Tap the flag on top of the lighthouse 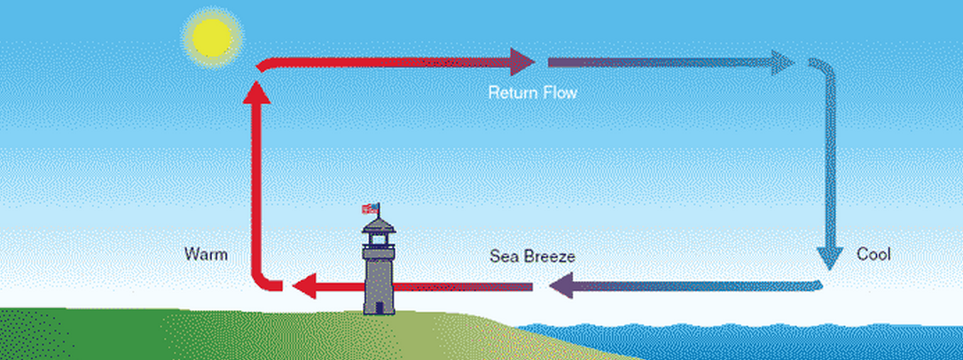[370, 209]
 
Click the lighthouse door [379, 304]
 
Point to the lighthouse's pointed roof [379, 223]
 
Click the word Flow [560, 91]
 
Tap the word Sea [504, 256]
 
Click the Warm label [206, 254]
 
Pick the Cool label [873, 254]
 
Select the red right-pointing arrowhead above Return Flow [523, 62]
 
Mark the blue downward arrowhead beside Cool [829, 257]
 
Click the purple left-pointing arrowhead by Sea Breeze [561, 286]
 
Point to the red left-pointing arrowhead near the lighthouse [306, 286]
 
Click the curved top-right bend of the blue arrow [824, 69]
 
